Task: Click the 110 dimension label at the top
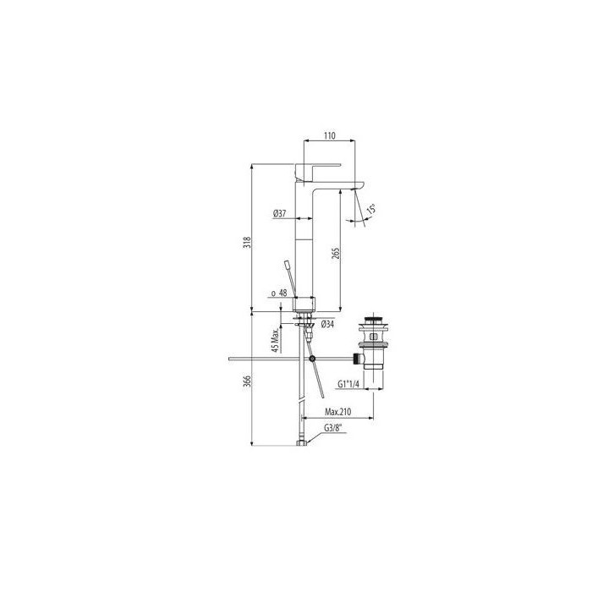[330, 135]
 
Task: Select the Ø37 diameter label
[280, 215]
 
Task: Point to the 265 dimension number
[337, 255]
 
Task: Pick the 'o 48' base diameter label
[277, 294]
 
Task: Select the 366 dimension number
[246, 381]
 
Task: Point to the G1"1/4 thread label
[348, 384]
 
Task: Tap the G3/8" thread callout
[336, 427]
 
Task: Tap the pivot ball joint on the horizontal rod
[313, 359]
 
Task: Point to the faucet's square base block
[304, 303]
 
